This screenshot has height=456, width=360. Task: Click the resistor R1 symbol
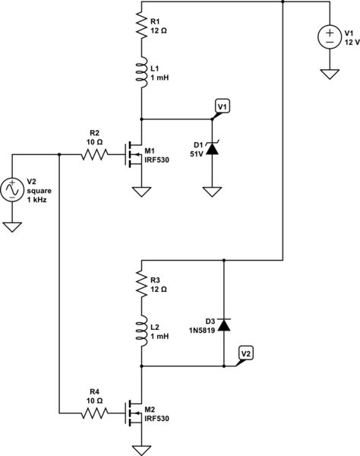pos(141,25)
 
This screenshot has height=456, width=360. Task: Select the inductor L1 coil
pos(141,74)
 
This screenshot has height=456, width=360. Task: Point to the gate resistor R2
pos(97,154)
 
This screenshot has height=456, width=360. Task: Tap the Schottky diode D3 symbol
pos(223,325)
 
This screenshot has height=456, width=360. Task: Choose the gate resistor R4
pos(97,413)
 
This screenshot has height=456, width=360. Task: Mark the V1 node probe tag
pos(221,107)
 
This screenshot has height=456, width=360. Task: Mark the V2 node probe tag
pos(245,353)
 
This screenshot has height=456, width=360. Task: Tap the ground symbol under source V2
pos(13,226)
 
